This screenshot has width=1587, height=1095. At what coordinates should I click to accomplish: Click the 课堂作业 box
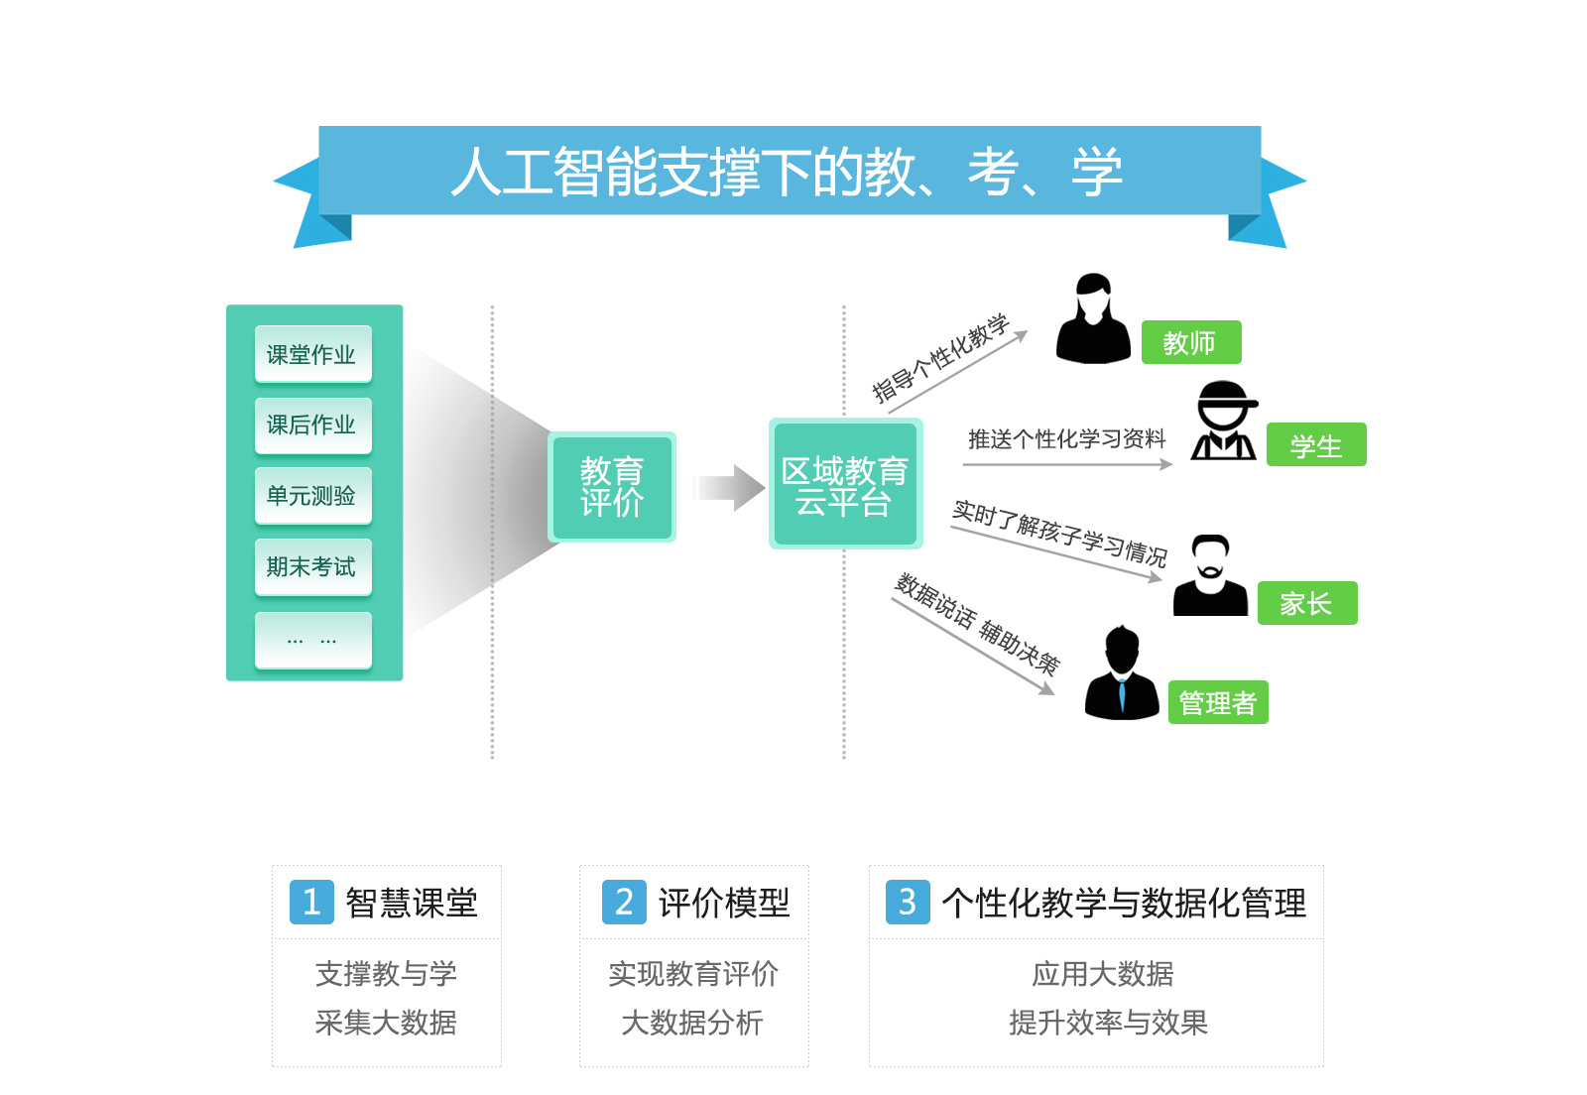312,354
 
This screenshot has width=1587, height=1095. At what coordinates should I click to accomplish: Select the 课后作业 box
312,425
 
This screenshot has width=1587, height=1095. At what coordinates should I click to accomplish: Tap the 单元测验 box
312,495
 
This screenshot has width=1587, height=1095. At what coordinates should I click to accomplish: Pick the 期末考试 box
312,566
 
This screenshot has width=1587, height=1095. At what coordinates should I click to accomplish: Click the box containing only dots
312,640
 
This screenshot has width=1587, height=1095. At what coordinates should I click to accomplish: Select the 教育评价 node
612,487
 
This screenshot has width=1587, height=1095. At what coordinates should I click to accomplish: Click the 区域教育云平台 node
845,484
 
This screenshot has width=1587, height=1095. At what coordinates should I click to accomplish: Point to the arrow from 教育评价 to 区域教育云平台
730,487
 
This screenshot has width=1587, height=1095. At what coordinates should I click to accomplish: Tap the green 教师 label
1190,342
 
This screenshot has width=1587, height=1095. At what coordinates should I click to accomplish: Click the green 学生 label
1316,445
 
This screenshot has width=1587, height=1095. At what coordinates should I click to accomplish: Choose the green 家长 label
1306,603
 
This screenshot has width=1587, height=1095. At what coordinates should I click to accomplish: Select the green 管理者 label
1218,702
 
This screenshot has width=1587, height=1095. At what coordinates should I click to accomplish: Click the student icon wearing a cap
1225,422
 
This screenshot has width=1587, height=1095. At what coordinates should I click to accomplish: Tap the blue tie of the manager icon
1122,693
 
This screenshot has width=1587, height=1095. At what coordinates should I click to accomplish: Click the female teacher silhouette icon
1093,319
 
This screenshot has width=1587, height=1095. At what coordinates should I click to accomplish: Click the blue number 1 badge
311,902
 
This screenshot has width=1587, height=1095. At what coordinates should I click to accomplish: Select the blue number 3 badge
907,902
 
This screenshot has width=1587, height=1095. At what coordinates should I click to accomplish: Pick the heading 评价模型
724,903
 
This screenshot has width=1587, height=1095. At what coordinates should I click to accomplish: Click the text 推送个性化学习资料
1066,438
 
